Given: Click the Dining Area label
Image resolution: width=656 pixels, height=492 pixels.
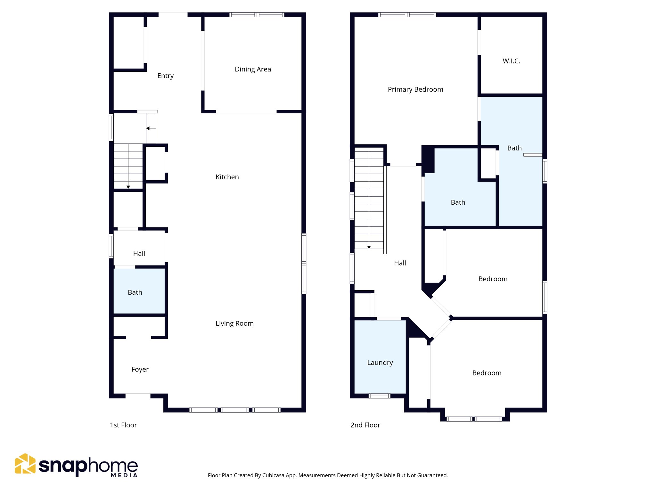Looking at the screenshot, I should [253, 69].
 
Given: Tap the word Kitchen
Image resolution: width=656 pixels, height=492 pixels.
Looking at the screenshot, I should [227, 177].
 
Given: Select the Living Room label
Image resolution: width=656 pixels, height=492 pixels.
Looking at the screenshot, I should [234, 323].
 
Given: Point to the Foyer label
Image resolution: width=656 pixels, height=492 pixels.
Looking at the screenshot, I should [140, 369].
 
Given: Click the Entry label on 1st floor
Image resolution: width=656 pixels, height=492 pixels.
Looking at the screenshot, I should [165, 76].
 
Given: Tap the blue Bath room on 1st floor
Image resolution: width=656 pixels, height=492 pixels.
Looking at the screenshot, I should [135, 292].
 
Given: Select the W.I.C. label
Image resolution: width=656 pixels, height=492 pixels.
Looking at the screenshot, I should [511, 61].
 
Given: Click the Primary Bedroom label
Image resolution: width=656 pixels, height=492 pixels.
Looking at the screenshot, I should [415, 89].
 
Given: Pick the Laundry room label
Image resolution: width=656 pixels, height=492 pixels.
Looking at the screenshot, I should [380, 363].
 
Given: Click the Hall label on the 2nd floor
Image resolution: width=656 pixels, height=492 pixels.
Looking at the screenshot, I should [400, 263].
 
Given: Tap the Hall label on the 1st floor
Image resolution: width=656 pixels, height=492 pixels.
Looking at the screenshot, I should [139, 253].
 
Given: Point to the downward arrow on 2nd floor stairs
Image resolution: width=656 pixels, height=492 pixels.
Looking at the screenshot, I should [369, 247].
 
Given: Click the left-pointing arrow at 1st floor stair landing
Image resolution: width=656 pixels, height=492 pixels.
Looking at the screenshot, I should [148, 128].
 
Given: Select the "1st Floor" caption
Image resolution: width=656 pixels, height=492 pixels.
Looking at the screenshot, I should [123, 425].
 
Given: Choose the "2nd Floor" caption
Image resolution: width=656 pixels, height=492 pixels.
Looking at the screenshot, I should [365, 425].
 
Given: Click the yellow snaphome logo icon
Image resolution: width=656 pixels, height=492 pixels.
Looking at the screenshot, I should [25, 463].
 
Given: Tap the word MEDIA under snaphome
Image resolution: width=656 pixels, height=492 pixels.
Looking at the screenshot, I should [124, 475].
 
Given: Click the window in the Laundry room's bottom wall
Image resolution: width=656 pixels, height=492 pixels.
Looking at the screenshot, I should [379, 396].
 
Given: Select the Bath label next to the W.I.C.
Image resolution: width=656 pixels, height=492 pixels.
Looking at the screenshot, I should [514, 148].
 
